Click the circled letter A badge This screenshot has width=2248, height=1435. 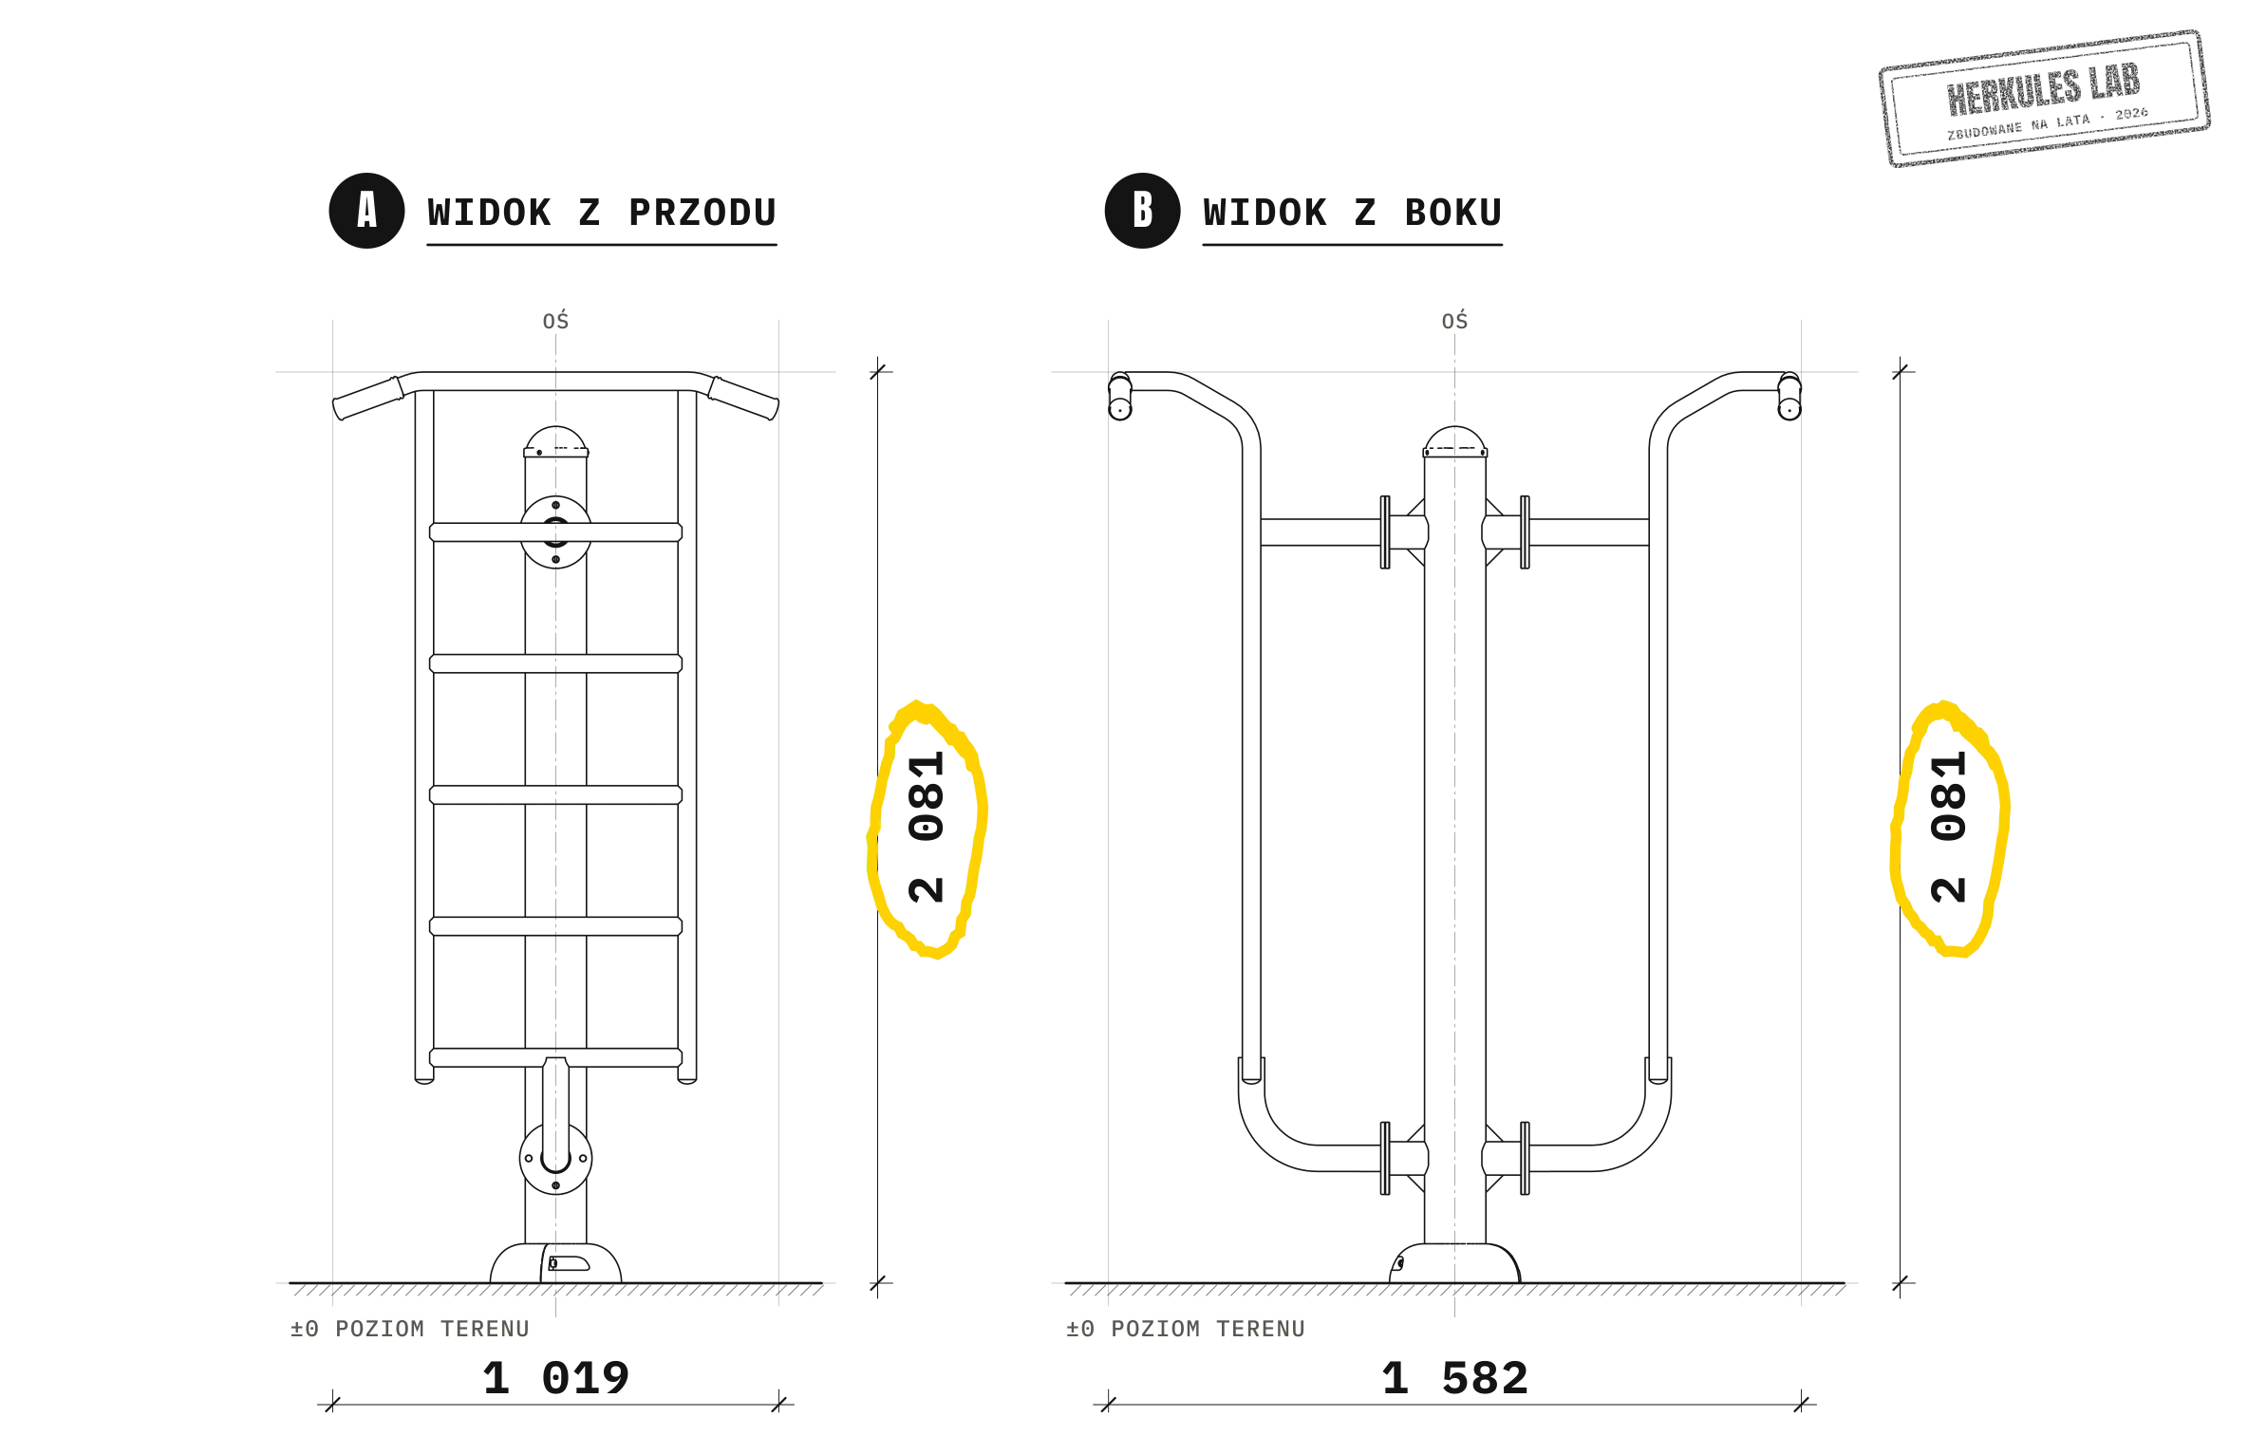click(x=366, y=211)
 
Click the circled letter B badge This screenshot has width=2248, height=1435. click(x=1142, y=211)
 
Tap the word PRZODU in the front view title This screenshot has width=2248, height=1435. click(x=702, y=213)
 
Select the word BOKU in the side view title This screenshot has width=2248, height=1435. click(x=1453, y=213)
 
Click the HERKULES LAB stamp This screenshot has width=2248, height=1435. click(x=2044, y=98)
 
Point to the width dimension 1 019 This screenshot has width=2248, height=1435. click(x=556, y=1378)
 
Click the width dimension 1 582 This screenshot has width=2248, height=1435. click(x=1455, y=1378)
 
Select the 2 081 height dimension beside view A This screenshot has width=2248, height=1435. click(x=926, y=827)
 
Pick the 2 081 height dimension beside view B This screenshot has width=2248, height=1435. click(x=1948, y=827)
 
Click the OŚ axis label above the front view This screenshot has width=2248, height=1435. click(x=556, y=321)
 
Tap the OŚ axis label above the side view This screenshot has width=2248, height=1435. click(x=1454, y=321)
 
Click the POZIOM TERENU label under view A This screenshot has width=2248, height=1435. click(x=432, y=1329)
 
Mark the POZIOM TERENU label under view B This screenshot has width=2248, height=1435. click(x=1208, y=1329)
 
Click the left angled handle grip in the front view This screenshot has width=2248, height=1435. click(x=368, y=399)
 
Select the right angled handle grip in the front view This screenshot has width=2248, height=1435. click(x=743, y=399)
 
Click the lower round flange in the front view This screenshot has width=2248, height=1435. click(x=556, y=1159)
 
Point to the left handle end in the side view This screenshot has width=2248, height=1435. click(x=1120, y=396)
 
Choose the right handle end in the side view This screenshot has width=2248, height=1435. click(x=1789, y=396)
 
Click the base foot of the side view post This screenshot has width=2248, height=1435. click(x=1455, y=1263)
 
